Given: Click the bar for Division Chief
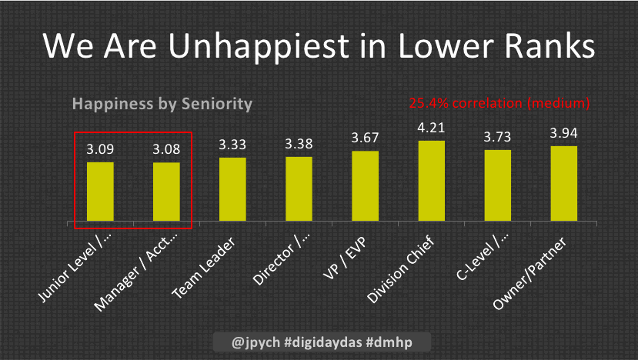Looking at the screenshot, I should click(432, 182).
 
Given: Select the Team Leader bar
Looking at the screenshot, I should click(232, 190).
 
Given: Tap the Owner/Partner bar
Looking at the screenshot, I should click(564, 185).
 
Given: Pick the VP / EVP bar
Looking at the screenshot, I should click(365, 187).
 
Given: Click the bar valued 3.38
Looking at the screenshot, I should click(299, 189).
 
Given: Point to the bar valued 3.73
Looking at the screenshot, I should click(498, 186).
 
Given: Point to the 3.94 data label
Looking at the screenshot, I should click(564, 134).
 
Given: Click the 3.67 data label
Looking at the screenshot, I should click(365, 138).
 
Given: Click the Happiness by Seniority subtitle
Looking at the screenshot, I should click(162, 103).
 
